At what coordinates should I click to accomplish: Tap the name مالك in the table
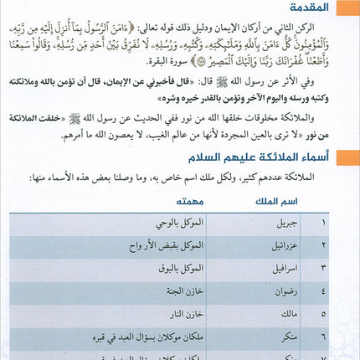point(290,314)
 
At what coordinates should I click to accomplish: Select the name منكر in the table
point(290,337)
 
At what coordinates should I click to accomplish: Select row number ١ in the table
point(337,224)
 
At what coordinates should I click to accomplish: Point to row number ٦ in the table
point(337,337)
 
